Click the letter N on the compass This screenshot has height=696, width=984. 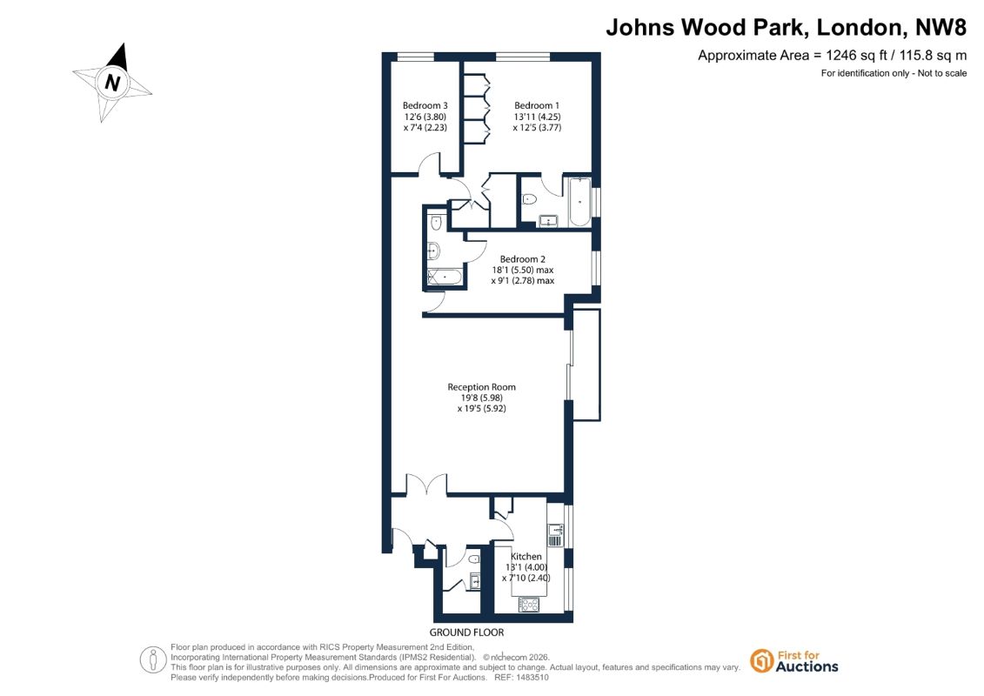[113, 82]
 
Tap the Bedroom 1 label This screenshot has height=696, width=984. [537, 105]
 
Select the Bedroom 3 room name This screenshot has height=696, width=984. [425, 105]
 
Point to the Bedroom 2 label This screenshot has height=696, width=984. [523, 259]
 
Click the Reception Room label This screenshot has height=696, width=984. [481, 387]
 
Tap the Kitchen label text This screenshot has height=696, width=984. [525, 556]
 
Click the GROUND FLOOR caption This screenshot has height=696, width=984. [466, 632]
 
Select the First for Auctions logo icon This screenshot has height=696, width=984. [762, 661]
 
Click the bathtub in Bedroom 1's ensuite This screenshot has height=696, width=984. [579, 202]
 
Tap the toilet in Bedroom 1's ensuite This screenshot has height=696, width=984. [529, 199]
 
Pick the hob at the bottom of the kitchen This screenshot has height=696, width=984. [529, 605]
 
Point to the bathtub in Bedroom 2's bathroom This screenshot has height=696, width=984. [445, 277]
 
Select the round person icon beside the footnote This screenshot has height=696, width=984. [153, 660]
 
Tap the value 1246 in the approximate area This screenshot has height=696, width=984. [841, 55]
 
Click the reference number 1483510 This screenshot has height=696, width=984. [531, 678]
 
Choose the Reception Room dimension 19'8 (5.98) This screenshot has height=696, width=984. [481, 398]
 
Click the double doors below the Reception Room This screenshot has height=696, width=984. [426, 485]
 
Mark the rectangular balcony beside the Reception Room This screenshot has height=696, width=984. [586, 365]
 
